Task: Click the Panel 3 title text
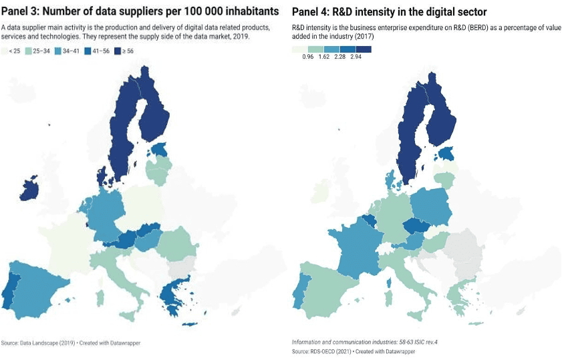[x=139, y=11]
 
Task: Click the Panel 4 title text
[x=389, y=12]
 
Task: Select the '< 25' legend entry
[x=13, y=51]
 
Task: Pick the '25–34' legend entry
[x=38, y=51]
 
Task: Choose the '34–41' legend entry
[x=69, y=51]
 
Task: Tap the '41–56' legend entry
[x=101, y=51]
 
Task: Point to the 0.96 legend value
[x=308, y=57]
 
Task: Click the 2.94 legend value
[x=356, y=57]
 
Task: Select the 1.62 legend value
[x=324, y=57]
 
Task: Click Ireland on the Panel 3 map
[x=28, y=189]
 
